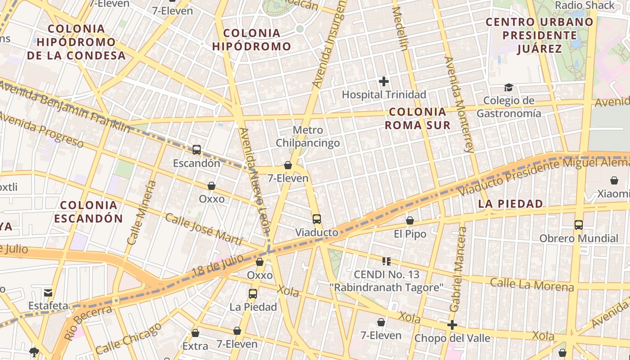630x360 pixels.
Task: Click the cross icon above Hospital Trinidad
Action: pyautogui.click(x=383, y=81)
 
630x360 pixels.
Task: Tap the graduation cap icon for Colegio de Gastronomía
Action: pyautogui.click(x=508, y=87)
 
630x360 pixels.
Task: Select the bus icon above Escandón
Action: pyautogui.click(x=197, y=150)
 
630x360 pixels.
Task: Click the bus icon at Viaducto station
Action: pyautogui.click(x=317, y=219)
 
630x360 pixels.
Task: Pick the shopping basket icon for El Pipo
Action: pyautogui.click(x=409, y=220)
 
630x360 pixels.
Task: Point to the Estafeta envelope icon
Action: pyautogui.click(x=48, y=292)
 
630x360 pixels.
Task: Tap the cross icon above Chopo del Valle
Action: pyautogui.click(x=452, y=325)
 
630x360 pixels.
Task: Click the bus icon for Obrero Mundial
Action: pyautogui.click(x=579, y=225)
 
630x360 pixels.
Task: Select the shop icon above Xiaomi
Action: pyautogui.click(x=614, y=180)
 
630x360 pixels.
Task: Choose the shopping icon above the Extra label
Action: pyautogui.click(x=195, y=333)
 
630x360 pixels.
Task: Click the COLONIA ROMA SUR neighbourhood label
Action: pyautogui.click(x=418, y=118)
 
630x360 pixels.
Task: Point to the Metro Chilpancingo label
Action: pyautogui.click(x=308, y=137)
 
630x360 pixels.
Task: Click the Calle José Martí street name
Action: pyautogui.click(x=204, y=229)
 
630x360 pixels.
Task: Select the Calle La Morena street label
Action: pyautogui.click(x=532, y=284)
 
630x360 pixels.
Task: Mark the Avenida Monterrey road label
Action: pyautogui.click(x=459, y=104)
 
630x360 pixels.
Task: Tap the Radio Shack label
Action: pyautogui.click(x=585, y=5)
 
